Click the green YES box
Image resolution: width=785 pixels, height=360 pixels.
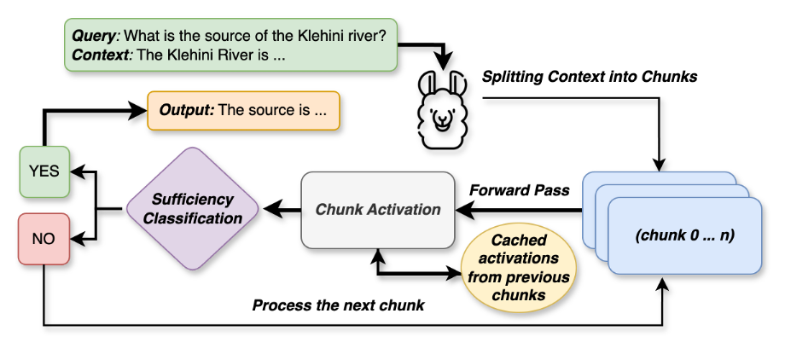[44, 171]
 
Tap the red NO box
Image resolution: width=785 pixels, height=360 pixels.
[44, 239]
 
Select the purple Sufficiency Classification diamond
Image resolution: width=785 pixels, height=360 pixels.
[193, 209]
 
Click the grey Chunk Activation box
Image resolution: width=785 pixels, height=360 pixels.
[378, 209]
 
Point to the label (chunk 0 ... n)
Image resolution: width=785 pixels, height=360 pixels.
[685, 235]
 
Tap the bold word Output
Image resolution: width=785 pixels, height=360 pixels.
[181, 110]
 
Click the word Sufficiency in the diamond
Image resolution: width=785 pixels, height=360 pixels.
[192, 199]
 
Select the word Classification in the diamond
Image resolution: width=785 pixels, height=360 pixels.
[193, 218]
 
